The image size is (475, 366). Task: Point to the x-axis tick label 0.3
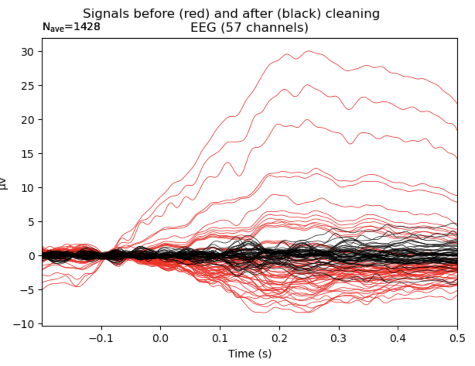[339, 339]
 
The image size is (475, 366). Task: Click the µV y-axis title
[5, 183]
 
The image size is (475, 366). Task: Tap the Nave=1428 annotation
[71, 27]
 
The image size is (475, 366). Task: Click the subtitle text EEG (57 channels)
[249, 28]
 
